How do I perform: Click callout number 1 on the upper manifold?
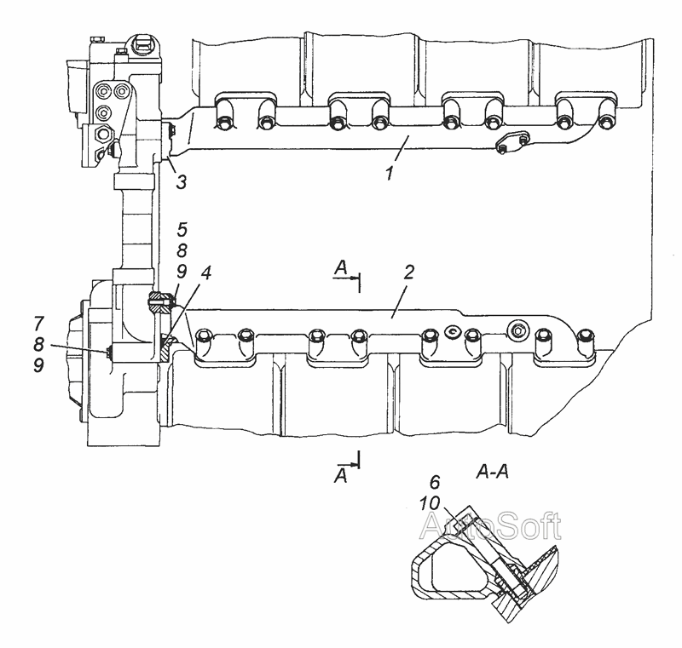[390, 173]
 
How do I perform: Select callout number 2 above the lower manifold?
[408, 272]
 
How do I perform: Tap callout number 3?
[181, 182]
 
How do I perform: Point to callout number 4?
[205, 272]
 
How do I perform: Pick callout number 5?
[182, 229]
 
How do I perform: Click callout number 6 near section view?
[435, 482]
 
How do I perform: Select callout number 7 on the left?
[38, 323]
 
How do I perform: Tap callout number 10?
[430, 503]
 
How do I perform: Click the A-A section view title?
[493, 471]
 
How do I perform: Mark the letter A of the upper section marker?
[341, 268]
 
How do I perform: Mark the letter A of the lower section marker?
[341, 476]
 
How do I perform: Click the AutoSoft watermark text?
[490, 526]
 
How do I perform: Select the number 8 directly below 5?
[182, 250]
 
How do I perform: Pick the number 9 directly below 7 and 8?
[38, 364]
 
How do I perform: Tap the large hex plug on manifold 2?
[518, 330]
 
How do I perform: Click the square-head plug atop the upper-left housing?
[142, 43]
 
